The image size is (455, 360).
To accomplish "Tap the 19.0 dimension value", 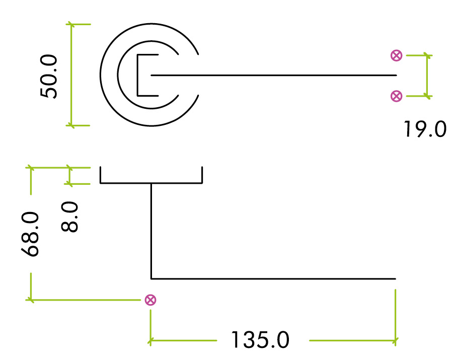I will point(424,129).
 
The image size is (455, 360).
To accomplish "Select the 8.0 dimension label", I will point(70,217).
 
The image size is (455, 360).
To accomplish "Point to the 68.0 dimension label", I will point(31,234).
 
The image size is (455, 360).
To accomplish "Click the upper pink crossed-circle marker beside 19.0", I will point(397,56).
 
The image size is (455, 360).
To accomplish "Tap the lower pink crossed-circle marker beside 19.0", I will point(397,96).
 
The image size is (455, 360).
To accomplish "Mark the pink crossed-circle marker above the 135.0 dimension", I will point(150,300).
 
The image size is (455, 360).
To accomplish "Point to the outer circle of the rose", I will point(101,76).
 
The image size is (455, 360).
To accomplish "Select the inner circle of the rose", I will point(118,76).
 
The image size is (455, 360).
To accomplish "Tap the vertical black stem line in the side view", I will point(151,232).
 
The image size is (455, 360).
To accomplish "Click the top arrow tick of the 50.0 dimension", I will point(71,24).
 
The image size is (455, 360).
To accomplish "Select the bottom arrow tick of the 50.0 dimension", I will point(71,125).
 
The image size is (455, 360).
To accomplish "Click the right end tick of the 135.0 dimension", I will point(396,341).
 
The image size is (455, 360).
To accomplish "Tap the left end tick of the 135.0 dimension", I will point(150,341).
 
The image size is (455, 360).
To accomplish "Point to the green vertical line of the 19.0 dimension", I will point(427,76).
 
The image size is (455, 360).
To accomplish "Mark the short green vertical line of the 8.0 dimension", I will point(69,176).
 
